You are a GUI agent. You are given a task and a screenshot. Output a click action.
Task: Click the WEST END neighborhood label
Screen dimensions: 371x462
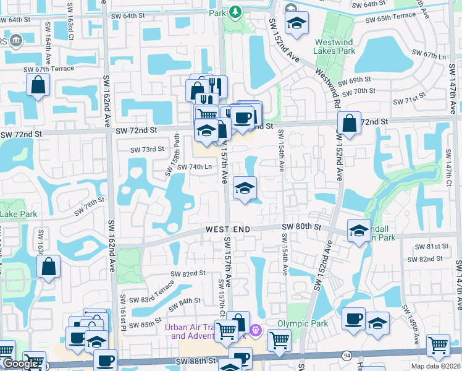point(228,229)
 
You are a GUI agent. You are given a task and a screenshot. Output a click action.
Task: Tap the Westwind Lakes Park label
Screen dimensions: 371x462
point(335,46)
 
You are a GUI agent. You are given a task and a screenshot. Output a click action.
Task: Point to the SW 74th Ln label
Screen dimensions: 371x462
point(195,167)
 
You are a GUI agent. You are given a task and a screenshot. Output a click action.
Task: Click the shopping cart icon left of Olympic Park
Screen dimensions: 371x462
point(279,339)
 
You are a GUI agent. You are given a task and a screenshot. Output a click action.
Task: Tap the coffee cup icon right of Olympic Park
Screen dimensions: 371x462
point(353,318)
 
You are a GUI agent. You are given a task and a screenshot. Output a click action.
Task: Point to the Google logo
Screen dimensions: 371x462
point(20,364)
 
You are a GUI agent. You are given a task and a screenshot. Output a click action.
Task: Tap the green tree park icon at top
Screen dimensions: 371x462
point(235,12)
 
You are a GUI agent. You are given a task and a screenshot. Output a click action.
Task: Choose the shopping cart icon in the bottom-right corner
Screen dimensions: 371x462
point(439,344)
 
